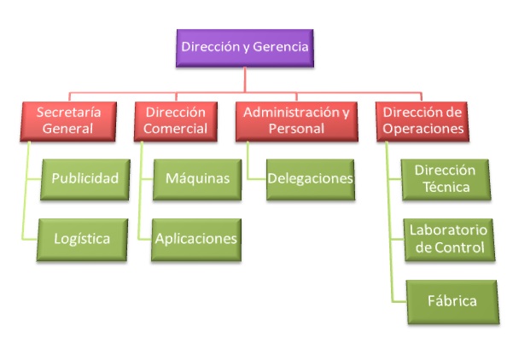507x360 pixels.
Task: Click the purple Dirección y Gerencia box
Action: (245, 48)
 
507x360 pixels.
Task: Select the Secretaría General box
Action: (68, 121)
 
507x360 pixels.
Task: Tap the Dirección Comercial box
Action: (176, 121)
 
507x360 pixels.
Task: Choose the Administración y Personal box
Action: (296, 121)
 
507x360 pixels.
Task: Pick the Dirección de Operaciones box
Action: (422, 121)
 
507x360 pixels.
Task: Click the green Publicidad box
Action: (85, 180)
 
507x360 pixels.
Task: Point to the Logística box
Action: (82, 240)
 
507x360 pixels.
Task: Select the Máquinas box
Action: (197, 180)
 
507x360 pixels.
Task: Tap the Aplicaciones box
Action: (196, 240)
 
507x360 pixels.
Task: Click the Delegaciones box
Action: (311, 180)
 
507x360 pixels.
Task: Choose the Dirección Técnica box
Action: (446, 180)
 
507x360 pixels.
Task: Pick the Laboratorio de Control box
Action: (449, 240)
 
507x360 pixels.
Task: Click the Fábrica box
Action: (452, 302)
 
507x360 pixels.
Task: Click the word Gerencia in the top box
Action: (280, 47)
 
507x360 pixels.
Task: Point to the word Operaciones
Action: (423, 129)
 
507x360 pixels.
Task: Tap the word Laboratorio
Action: (448, 230)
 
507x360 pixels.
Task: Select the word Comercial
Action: (175, 129)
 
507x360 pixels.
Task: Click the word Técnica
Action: (446, 187)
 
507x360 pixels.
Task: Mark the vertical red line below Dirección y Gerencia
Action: (245, 80)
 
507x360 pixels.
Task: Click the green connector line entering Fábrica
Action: (399, 301)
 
